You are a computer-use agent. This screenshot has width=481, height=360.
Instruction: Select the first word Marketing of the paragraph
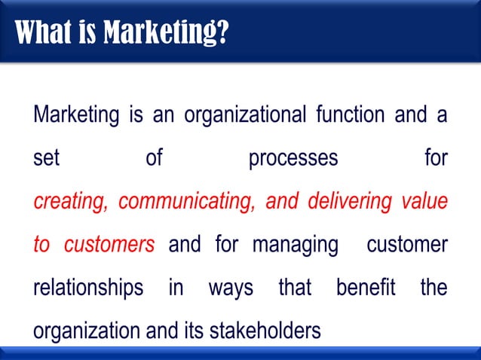(x=77, y=117)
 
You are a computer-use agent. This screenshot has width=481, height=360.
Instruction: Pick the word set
(x=46, y=160)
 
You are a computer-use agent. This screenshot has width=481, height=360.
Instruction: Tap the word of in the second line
(x=154, y=160)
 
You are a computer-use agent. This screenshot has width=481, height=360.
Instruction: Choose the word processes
(x=293, y=160)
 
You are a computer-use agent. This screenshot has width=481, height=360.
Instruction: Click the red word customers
(x=109, y=246)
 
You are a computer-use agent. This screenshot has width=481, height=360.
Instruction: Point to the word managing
(x=295, y=246)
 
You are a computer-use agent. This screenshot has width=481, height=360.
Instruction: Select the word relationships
(x=88, y=288)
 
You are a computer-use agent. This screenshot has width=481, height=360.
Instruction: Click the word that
(x=295, y=288)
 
